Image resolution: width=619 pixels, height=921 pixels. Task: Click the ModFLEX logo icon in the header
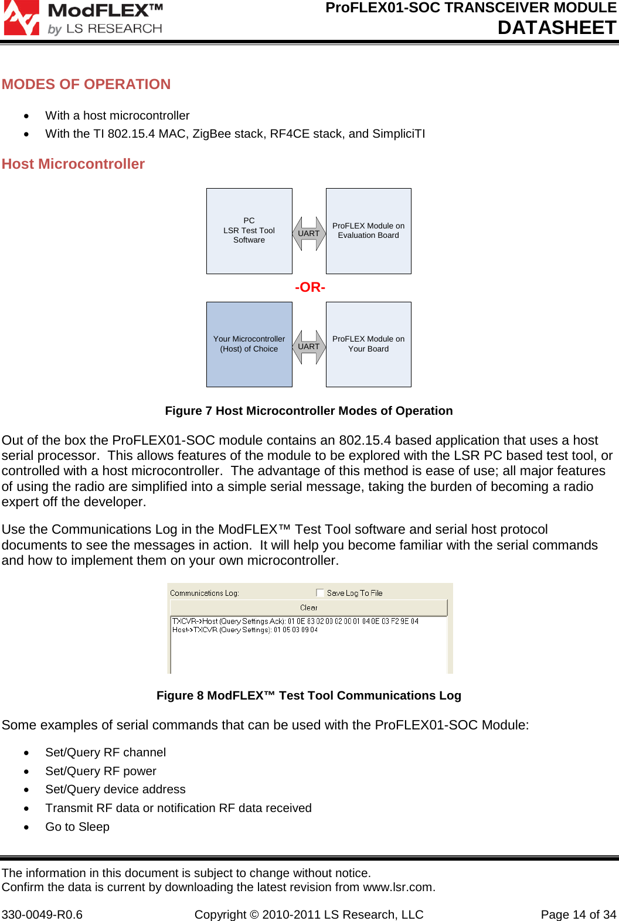point(21,18)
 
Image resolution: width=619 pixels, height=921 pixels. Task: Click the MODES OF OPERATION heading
point(86,84)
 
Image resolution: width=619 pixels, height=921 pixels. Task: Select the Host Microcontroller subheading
point(73,164)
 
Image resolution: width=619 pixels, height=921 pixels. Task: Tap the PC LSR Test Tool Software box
point(249,231)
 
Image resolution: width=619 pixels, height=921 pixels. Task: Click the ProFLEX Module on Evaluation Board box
point(368,231)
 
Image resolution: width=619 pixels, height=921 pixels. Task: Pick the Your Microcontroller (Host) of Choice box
point(249,344)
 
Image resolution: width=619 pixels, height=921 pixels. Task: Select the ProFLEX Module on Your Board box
point(368,344)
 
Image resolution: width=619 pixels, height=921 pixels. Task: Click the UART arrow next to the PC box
point(309,234)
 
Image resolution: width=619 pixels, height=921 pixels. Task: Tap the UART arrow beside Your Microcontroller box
point(309,347)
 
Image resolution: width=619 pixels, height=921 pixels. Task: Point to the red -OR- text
point(310,287)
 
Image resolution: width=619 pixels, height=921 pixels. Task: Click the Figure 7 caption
point(309,411)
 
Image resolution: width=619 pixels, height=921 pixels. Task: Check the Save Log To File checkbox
point(320,593)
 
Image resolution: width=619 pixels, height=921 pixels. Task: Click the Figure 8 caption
point(309,695)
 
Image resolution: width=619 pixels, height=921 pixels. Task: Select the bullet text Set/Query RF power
point(101,771)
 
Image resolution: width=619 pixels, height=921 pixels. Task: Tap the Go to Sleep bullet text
point(77,827)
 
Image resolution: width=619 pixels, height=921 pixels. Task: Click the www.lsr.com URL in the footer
point(398,887)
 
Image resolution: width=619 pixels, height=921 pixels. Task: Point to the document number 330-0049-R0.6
point(42,915)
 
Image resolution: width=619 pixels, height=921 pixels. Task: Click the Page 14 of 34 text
point(578,915)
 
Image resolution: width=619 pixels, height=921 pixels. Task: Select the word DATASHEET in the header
point(557,28)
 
